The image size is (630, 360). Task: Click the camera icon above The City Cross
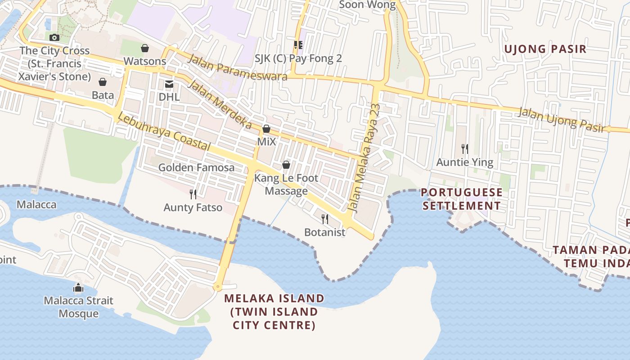point(54,37)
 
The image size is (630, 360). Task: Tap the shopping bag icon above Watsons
point(145,48)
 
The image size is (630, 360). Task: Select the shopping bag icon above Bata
point(103,82)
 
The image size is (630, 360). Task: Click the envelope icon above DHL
point(169,84)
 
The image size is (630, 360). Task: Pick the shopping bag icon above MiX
point(266,129)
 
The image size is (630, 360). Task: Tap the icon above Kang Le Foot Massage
point(286,165)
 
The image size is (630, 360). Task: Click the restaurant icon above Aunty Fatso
point(193,194)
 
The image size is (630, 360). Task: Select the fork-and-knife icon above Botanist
point(324,219)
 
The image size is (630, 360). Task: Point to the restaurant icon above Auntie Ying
point(465,148)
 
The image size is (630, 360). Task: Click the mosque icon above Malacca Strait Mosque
point(78,287)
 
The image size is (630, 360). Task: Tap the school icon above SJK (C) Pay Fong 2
point(298,45)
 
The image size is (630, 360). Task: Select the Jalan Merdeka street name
point(219,104)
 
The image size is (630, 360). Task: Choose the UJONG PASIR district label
point(545,49)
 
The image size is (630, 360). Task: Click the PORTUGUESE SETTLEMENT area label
point(462,199)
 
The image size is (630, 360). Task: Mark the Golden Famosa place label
point(196,168)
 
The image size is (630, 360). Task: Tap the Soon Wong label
point(367,5)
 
